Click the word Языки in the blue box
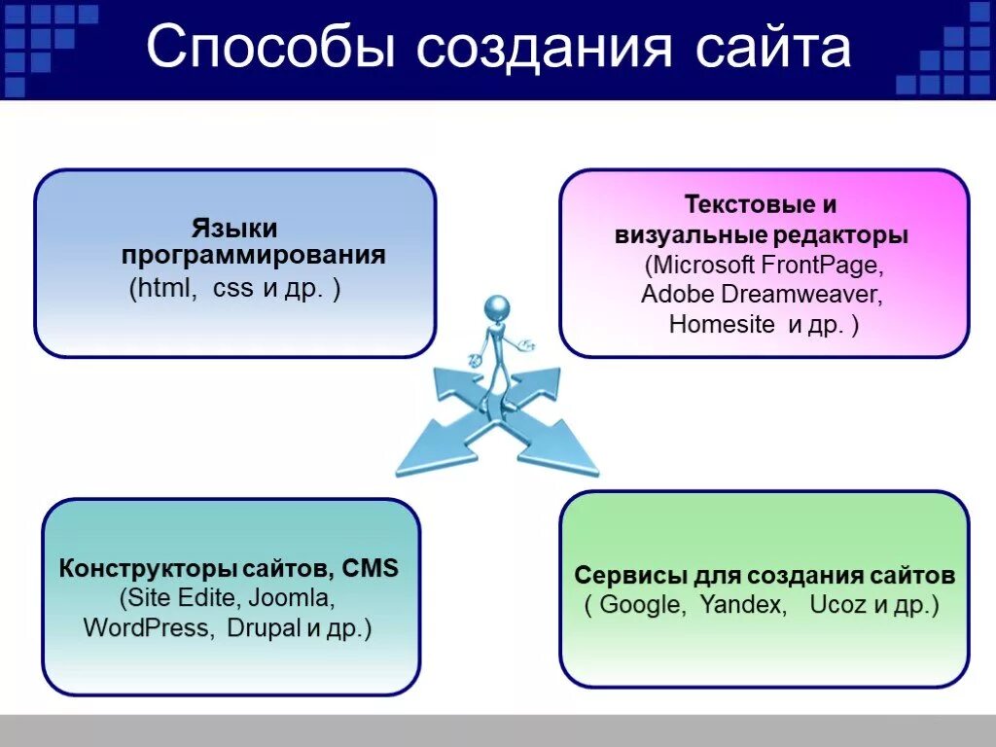click(x=234, y=229)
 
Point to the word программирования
click(x=254, y=256)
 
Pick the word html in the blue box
click(x=166, y=289)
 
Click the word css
click(x=232, y=289)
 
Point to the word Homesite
click(x=723, y=325)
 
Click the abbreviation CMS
click(x=371, y=569)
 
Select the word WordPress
click(x=147, y=628)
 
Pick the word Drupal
click(x=264, y=628)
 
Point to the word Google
click(x=641, y=605)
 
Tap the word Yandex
click(x=742, y=605)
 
